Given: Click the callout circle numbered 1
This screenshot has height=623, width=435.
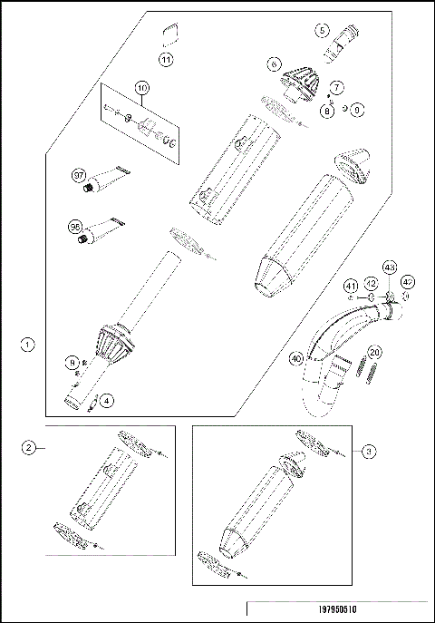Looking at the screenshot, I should pyautogui.click(x=28, y=345).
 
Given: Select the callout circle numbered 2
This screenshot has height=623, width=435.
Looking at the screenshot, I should pyautogui.click(x=29, y=448).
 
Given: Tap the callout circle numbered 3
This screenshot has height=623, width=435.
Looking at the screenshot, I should pyautogui.click(x=366, y=449).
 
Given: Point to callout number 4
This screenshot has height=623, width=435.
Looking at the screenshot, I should pyautogui.click(x=107, y=399).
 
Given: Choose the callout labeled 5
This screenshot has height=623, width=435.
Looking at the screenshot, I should pyautogui.click(x=322, y=30).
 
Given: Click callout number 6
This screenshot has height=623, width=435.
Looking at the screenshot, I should pyautogui.click(x=273, y=65).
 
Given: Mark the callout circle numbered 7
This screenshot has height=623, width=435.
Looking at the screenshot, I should pyautogui.click(x=336, y=87).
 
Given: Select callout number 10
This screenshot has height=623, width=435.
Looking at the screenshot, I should pyautogui.click(x=140, y=88).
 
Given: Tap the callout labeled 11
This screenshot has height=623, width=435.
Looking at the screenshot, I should pyautogui.click(x=166, y=59).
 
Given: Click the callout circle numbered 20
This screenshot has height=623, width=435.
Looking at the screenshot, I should pyautogui.click(x=375, y=354).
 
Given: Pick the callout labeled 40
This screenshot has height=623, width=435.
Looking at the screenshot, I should pyautogui.click(x=295, y=357).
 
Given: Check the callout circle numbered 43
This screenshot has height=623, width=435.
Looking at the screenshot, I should pyautogui.click(x=390, y=268).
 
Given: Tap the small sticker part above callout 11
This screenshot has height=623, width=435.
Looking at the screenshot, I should pyautogui.click(x=168, y=37).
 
